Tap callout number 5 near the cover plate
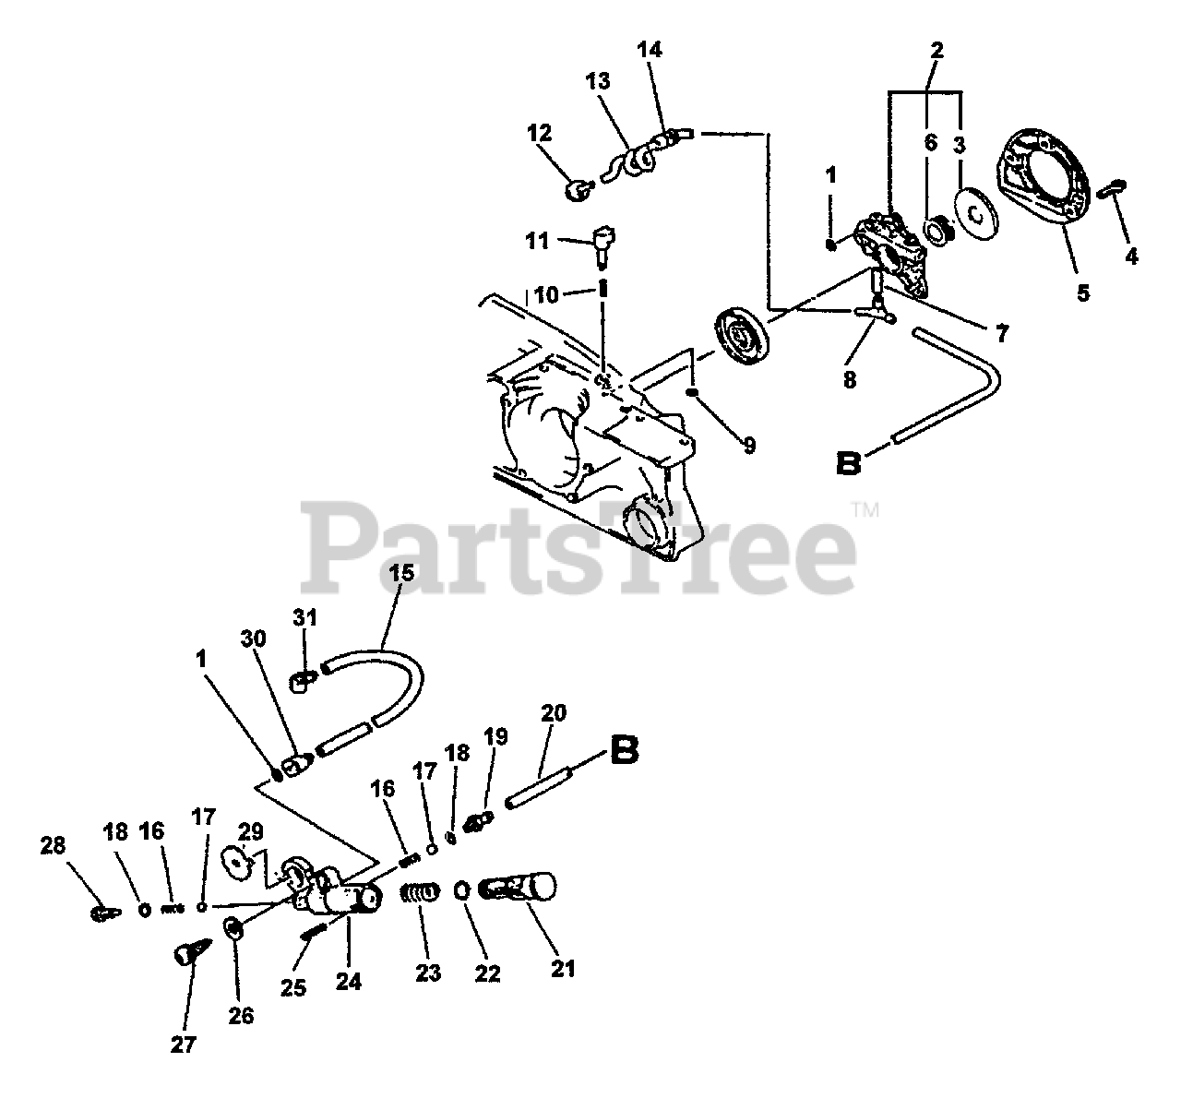coord(1083,293)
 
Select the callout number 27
coord(183,1044)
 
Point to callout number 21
coord(563,968)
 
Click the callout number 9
coord(749,446)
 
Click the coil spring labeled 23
coord(421,895)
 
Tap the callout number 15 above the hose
coord(401,574)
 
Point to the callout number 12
coord(539,133)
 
